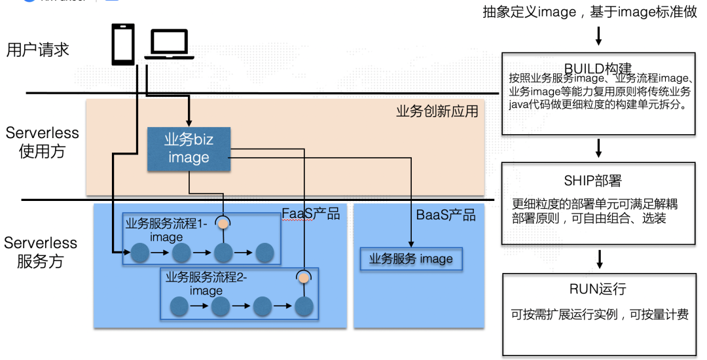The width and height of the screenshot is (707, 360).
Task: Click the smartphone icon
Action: pos(122,44)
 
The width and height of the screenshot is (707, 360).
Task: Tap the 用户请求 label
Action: pos(37,50)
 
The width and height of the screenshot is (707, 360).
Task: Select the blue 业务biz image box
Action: pos(189,149)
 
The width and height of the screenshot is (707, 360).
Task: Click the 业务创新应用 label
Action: pos(437,111)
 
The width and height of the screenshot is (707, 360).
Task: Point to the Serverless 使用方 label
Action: pos(42,142)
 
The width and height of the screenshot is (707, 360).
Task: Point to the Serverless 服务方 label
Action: pos(41,253)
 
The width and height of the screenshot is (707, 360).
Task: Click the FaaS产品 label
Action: pos(311,214)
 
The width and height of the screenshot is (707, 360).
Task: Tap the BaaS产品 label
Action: pos(446,215)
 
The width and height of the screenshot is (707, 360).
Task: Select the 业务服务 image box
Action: pos(411,259)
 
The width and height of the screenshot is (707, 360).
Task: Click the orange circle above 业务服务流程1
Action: pos(223,223)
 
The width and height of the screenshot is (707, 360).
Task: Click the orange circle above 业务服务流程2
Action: pos(303,278)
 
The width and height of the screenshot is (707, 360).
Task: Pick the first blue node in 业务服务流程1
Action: pos(139,251)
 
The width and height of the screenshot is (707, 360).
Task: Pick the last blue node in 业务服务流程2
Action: pos(303,306)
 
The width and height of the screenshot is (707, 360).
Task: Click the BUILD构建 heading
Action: pos(598,69)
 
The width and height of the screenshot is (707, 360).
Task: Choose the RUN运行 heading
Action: pos(598,289)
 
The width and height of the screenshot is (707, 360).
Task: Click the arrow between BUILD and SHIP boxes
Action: pos(598,148)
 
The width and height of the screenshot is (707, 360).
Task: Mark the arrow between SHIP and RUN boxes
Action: pos(598,257)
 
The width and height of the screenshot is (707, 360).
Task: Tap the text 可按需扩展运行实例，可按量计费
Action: pos(600,315)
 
